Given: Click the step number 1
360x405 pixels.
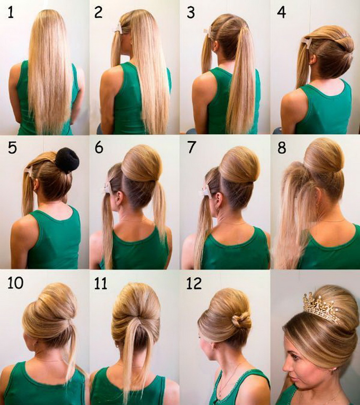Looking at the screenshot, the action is coord(11,12).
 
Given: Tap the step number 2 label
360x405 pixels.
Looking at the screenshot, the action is coord(98,12).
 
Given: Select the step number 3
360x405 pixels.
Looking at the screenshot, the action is coord(191,12).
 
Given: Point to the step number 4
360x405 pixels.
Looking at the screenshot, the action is coord(281,12).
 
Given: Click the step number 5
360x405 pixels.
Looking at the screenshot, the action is coord(12,148).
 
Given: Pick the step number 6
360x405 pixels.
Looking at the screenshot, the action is coord(99,148).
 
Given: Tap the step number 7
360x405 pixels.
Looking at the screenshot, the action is coord(191,148).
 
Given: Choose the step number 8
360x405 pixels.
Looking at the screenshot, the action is coord(282,148).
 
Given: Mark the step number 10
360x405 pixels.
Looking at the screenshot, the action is coord(15,283).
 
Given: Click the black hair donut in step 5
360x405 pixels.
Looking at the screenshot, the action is coord(67,160).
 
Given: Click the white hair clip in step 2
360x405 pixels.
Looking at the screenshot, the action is coord(118,28).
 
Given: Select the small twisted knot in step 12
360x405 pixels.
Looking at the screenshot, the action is coord(241,321).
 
